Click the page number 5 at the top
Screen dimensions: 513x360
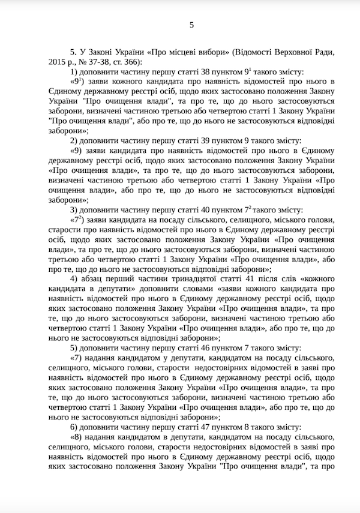coord(191,25)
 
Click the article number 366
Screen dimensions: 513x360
coord(132,62)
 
